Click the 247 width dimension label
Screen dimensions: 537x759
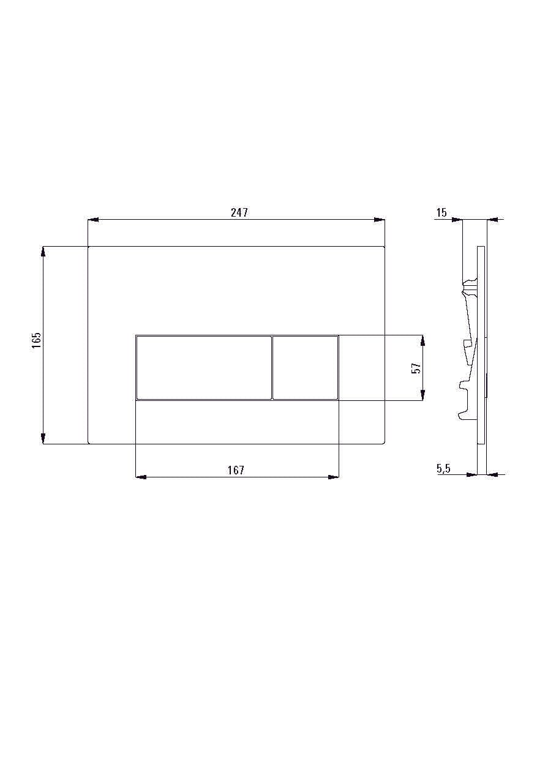pos(239,212)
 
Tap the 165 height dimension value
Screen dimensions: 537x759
pos(36,340)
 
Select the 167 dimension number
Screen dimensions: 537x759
pos(236,470)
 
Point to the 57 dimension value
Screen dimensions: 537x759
pos(416,368)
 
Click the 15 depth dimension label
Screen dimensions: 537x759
pos(441,213)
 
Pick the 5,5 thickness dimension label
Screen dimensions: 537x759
pos(443,469)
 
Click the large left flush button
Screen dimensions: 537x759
pos(204,368)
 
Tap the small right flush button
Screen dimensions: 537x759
pos(305,368)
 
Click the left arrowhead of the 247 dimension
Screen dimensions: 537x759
pos(93,220)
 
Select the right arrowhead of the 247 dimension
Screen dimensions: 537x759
pos(380,220)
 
